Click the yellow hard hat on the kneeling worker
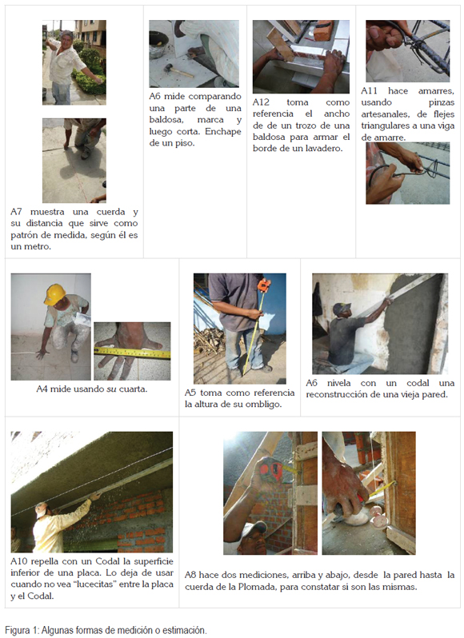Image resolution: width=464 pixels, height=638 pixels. click(x=55, y=294)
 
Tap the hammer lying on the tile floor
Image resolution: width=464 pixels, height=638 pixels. click(x=178, y=71)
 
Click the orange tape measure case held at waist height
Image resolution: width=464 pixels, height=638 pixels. click(x=264, y=285)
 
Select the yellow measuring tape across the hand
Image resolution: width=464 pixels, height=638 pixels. click(x=132, y=353)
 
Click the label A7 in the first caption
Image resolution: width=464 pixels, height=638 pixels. click(x=16, y=212)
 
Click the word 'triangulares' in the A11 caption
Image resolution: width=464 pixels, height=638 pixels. click(x=383, y=126)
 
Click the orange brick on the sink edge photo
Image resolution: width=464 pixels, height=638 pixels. click(x=324, y=31)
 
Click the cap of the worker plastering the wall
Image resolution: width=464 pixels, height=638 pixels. click(x=341, y=309)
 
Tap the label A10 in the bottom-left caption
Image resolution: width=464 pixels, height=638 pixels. click(x=18, y=561)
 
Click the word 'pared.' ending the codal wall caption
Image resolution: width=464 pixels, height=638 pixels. click(x=435, y=395)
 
